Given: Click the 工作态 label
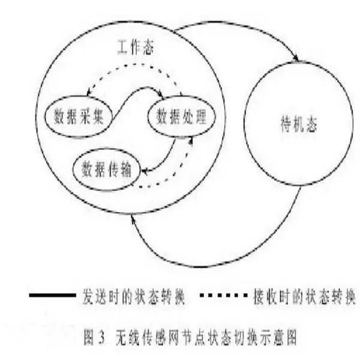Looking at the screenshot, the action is click(x=136, y=47).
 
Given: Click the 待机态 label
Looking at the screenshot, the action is click(x=299, y=124).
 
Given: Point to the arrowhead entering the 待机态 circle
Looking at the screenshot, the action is click(x=296, y=58).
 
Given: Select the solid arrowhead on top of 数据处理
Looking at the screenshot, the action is click(x=160, y=94).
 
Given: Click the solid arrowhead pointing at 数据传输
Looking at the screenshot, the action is click(x=145, y=171).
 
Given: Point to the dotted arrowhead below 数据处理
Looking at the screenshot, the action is click(x=191, y=140).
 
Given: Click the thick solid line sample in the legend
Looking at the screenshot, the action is click(x=52, y=295).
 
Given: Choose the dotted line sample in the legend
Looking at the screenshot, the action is click(x=223, y=295).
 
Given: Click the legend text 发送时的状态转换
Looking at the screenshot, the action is click(x=134, y=296).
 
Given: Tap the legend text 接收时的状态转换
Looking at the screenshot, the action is click(x=304, y=296).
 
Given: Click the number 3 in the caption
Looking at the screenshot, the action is click(x=102, y=337).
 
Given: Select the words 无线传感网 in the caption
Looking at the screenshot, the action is click(x=147, y=337).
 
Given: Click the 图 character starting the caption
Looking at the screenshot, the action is click(x=88, y=337).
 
